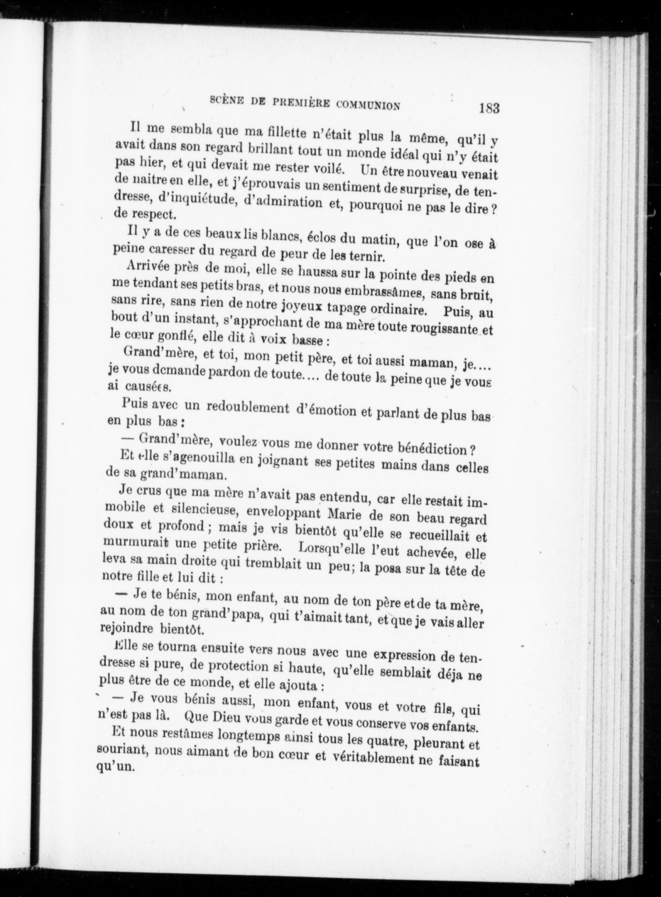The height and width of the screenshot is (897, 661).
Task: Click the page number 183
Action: (489, 109)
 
